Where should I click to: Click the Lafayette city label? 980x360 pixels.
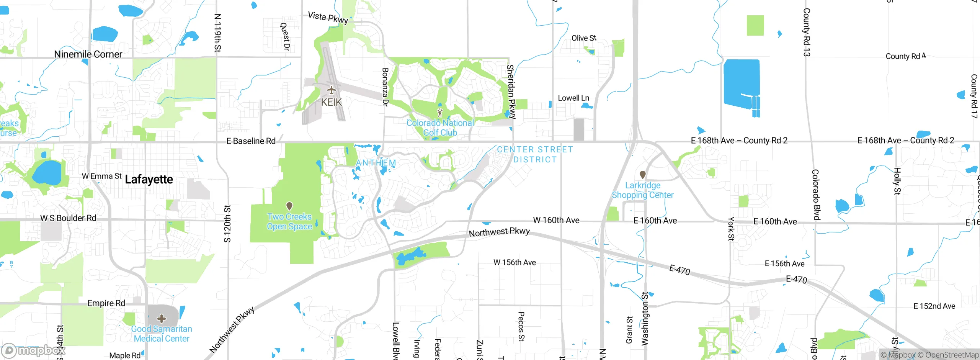pos(149,179)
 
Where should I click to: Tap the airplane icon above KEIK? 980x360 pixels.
pos(331,90)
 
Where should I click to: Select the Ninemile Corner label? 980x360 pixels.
pos(88,54)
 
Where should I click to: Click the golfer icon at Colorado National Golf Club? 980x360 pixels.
pos(440,113)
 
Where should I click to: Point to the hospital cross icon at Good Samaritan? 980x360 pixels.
pos(162,318)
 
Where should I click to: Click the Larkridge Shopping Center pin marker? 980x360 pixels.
pos(643,175)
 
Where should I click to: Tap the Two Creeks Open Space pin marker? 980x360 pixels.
pos(289,206)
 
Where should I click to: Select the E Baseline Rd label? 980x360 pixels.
pos(251,141)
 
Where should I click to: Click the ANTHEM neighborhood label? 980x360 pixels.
pos(376,163)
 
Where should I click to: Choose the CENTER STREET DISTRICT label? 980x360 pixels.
pos(535,154)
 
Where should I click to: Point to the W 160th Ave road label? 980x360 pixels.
pos(556,220)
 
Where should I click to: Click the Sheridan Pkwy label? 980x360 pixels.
pos(511,92)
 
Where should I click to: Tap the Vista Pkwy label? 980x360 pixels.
pos(328,18)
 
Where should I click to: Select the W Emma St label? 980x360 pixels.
pos(101,176)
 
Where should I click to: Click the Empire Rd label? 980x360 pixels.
pos(106,303)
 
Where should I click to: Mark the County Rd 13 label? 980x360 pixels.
pos(806,33)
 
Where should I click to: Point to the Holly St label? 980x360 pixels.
pos(897,181)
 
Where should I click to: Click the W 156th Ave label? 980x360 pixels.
pos(514,262)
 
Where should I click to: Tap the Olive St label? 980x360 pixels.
pos(584,38)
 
